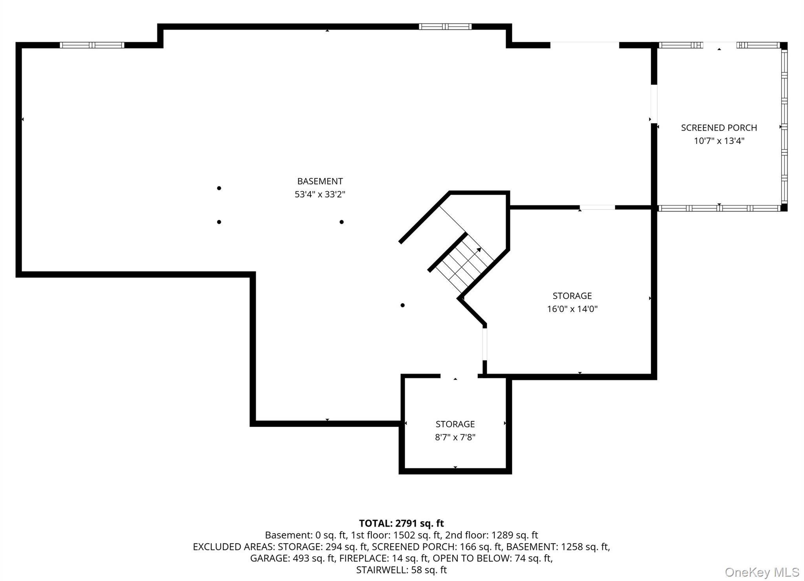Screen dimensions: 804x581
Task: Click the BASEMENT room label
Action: tap(320, 181)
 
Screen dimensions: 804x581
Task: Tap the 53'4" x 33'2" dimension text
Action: tap(320, 194)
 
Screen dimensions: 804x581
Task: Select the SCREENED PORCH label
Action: tap(719, 128)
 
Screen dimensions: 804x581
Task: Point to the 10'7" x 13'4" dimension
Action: tap(719, 141)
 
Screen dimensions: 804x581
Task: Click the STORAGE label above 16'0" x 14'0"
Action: tap(572, 296)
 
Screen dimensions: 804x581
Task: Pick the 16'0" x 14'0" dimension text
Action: tap(572, 309)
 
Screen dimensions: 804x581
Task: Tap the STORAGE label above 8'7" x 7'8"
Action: tap(455, 424)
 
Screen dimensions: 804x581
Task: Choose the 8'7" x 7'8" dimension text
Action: tap(455, 437)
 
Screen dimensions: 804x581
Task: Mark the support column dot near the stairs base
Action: tap(402, 305)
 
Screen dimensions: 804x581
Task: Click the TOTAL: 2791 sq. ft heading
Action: tap(401, 523)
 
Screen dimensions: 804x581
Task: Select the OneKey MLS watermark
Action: tap(762, 572)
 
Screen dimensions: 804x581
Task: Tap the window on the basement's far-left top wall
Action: tap(92, 45)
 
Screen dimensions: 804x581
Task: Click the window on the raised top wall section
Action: tap(445, 27)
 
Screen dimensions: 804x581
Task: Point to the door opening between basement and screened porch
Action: tap(654, 104)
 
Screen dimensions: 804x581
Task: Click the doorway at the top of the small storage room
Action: tap(459, 376)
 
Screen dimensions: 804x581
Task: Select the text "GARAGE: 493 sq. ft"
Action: tap(292, 558)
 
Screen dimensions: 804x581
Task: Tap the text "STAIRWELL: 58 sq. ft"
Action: tap(401, 570)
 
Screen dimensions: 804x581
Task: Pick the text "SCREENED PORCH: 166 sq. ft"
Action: tap(437, 547)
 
